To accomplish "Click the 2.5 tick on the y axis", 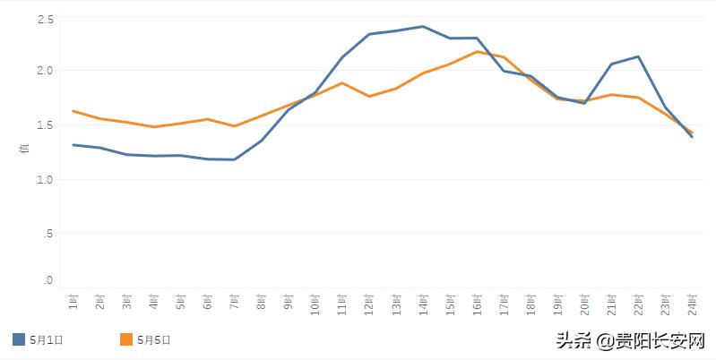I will [x=46, y=19].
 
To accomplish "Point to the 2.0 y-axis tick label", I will [x=46, y=70].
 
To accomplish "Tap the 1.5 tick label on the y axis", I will [x=46, y=125].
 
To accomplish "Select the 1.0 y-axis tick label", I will [x=46, y=179].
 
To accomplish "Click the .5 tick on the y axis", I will [x=48, y=233].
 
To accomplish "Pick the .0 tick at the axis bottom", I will [x=48, y=281].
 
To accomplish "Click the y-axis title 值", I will [x=25, y=149].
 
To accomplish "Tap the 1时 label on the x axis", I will [x=73, y=304].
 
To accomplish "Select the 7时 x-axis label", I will [x=235, y=304].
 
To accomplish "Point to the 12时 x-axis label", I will [x=369, y=305].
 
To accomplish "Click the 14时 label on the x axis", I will [x=423, y=305].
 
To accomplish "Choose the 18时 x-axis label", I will [x=531, y=305].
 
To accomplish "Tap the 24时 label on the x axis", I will [x=692, y=305].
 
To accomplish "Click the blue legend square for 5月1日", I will [x=19, y=339].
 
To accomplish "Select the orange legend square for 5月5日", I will [x=126, y=339].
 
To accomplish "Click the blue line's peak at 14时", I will [x=423, y=26].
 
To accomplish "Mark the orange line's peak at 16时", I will [x=477, y=51].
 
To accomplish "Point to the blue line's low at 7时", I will [x=235, y=159].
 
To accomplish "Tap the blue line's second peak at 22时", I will [x=638, y=56].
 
